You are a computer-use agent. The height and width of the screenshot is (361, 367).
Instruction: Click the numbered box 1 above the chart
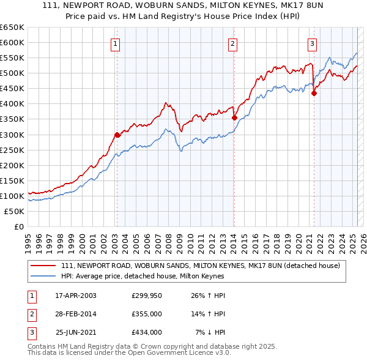coord(116,43)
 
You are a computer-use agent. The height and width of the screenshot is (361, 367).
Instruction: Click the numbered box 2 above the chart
coord(233,43)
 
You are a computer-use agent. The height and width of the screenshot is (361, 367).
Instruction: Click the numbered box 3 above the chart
coord(312,43)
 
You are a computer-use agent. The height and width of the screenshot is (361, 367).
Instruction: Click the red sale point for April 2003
coord(117,135)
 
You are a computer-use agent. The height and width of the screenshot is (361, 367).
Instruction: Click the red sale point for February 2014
coord(234,117)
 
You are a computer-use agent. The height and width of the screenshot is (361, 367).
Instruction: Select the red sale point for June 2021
coord(314,94)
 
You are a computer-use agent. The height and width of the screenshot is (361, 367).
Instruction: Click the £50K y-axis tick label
coord(15,211)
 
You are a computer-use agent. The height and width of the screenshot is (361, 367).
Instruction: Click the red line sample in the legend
coord(43,266)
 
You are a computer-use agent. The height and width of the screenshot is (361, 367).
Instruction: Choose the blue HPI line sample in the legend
coord(43,276)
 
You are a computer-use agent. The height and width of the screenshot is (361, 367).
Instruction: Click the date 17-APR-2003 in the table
coord(76,296)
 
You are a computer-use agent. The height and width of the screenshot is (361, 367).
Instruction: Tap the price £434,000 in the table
coord(146,332)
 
